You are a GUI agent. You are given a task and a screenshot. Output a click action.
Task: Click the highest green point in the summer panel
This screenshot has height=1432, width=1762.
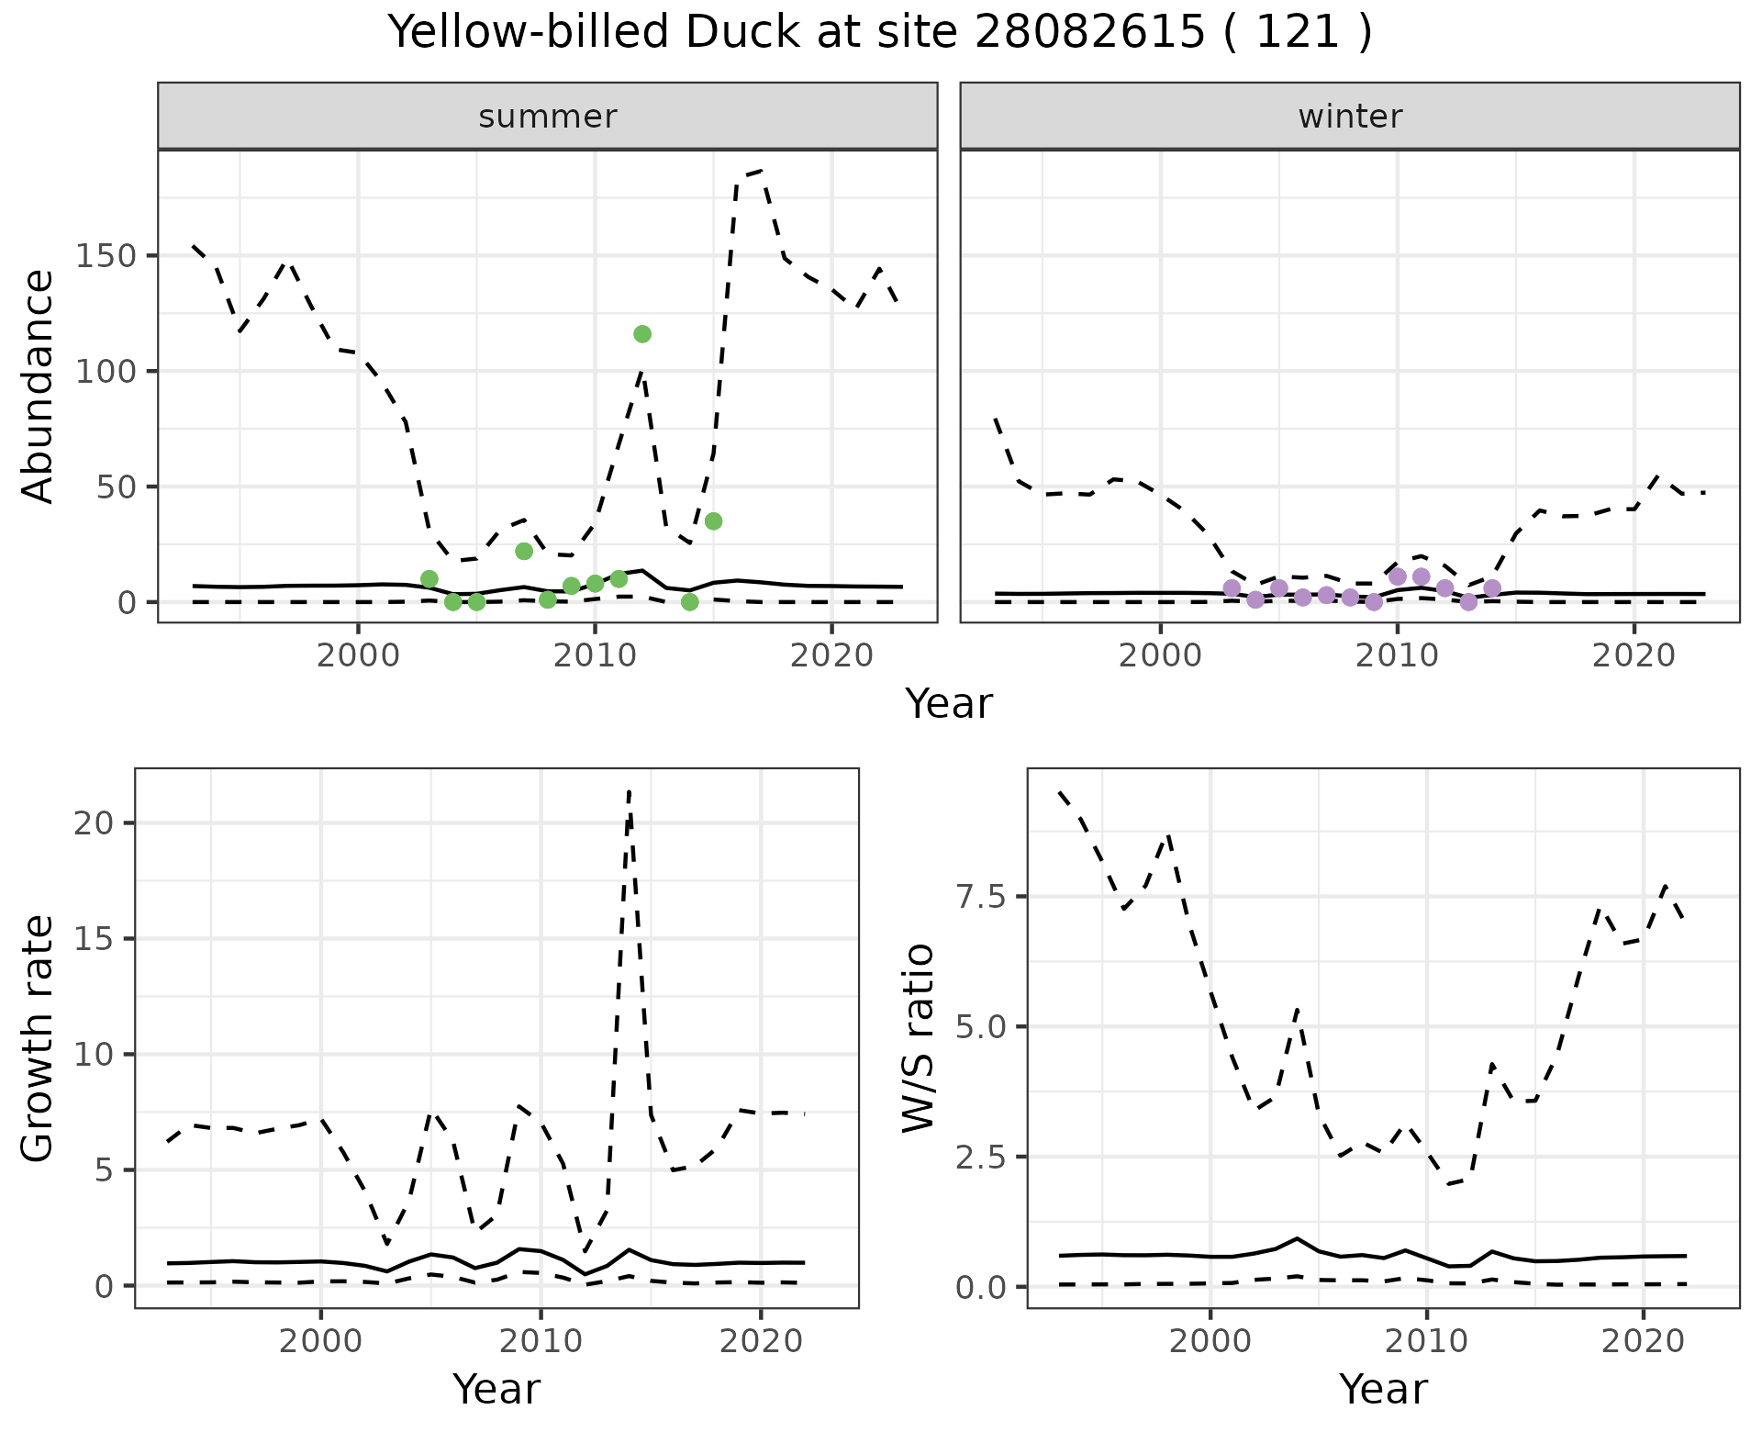[642, 334]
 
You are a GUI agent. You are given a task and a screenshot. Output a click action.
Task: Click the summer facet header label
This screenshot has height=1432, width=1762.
[548, 117]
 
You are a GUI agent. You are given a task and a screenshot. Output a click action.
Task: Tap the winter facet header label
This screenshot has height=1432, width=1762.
[1350, 117]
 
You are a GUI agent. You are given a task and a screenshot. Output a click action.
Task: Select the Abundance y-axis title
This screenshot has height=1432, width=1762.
[39, 386]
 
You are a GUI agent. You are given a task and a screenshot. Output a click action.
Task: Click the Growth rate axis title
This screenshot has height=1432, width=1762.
[39, 1038]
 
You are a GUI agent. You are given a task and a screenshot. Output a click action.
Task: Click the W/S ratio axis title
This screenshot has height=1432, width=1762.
[919, 1038]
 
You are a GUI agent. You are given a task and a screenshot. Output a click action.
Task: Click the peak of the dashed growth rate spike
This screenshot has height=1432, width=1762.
[629, 791]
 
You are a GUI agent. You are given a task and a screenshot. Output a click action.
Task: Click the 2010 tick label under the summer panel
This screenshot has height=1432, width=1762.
[595, 656]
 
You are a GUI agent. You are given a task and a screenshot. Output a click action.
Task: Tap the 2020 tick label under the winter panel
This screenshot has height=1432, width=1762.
[1634, 656]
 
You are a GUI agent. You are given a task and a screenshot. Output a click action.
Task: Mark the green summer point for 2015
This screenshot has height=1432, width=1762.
[713, 521]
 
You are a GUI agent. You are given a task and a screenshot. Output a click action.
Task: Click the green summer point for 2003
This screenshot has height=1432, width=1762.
[429, 579]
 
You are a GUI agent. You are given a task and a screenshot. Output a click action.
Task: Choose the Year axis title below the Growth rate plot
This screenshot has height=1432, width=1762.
[496, 1389]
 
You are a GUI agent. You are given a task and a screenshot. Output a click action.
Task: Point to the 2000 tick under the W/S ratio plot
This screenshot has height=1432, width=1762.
[1210, 1341]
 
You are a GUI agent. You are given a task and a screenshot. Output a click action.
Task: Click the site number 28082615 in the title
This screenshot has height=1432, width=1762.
[1088, 33]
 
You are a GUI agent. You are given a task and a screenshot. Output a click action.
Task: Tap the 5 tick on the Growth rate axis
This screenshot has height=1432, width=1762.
[104, 1170]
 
